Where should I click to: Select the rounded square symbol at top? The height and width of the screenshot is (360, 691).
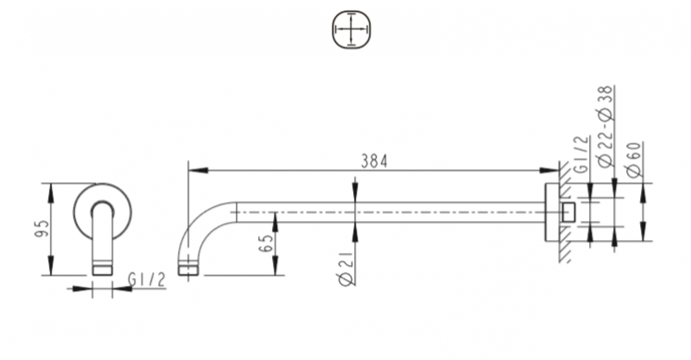click(351, 33)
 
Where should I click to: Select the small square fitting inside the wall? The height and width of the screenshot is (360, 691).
click(568, 212)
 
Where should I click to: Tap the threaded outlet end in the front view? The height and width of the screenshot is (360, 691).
click(102, 268)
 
